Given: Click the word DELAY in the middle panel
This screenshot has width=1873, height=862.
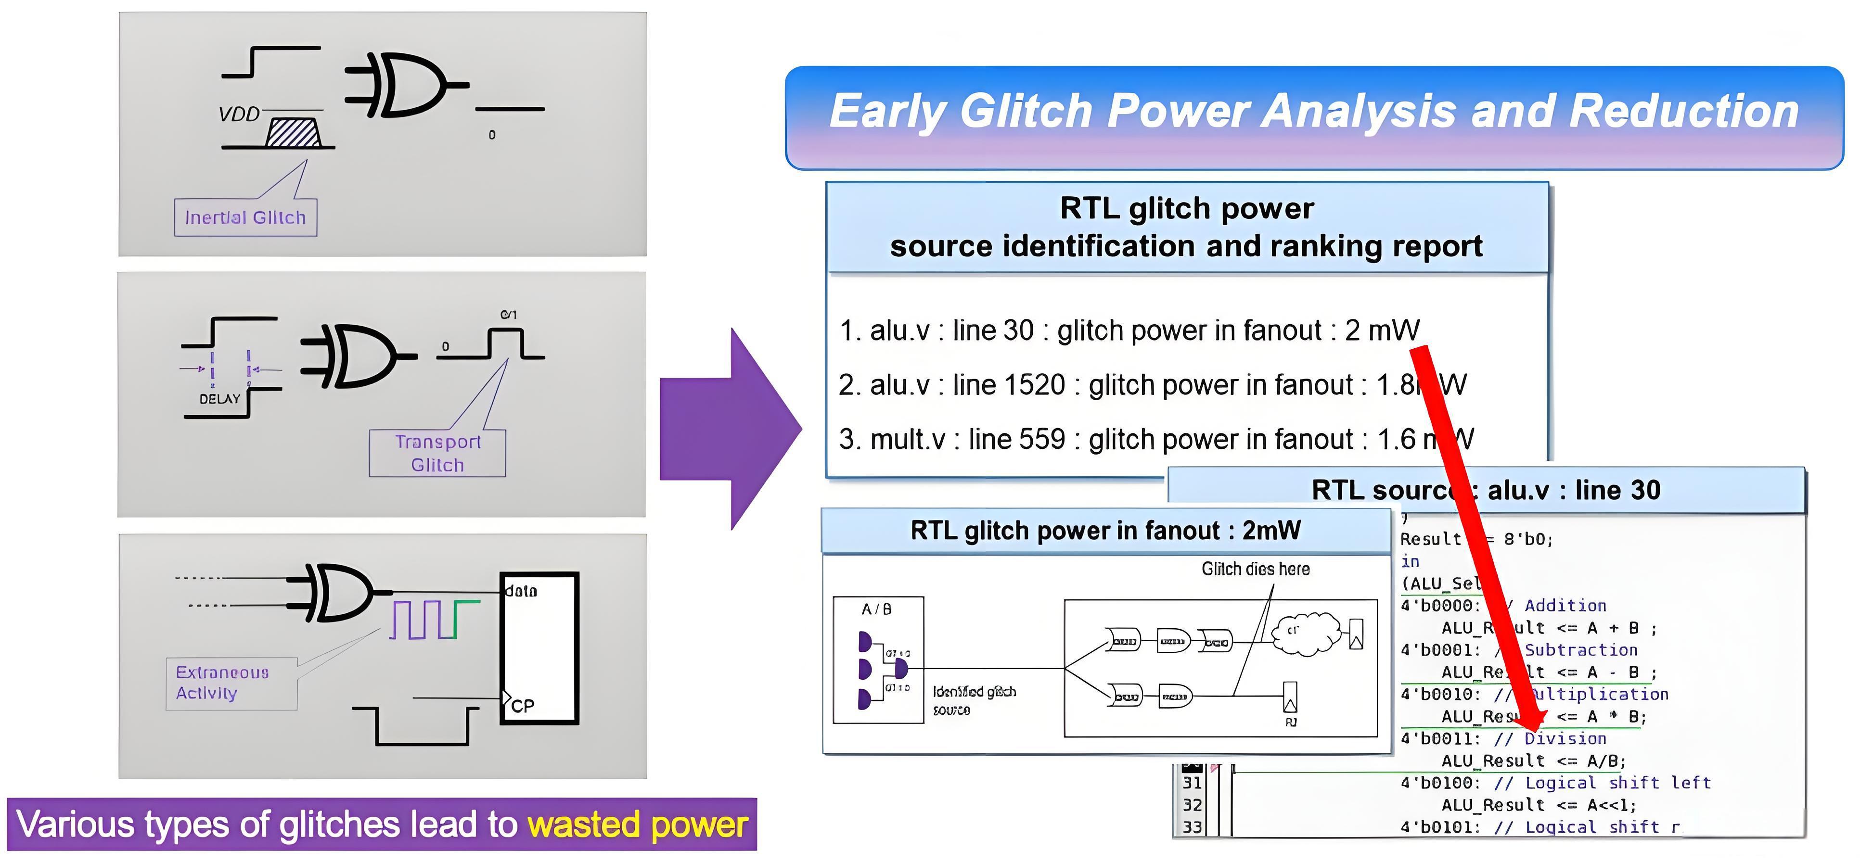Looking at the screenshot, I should click(x=219, y=399).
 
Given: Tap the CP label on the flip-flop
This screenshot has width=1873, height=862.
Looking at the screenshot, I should click(x=522, y=706).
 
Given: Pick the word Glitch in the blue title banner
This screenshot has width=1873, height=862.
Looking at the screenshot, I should click(x=1027, y=111).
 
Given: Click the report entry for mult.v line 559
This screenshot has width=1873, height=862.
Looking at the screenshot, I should click(x=1155, y=440).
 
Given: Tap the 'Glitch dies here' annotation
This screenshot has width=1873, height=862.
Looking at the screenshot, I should click(x=1255, y=569).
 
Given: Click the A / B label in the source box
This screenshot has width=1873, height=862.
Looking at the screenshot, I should click(x=876, y=609).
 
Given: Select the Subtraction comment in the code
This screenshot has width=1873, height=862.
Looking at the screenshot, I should click(x=1581, y=650).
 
